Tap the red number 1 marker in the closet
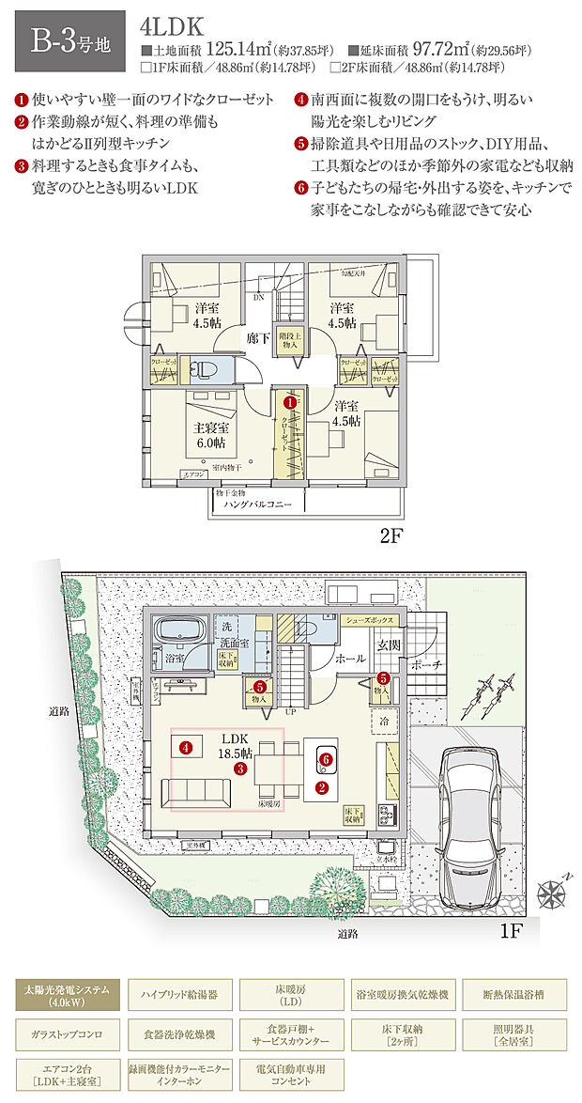pyautogui.click(x=291, y=402)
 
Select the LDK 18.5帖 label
pyautogui.click(x=235, y=747)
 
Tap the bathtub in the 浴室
pyautogui.click(x=179, y=629)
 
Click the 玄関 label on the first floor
pyautogui.click(x=388, y=645)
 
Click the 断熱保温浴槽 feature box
pyautogui.click(x=513, y=993)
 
